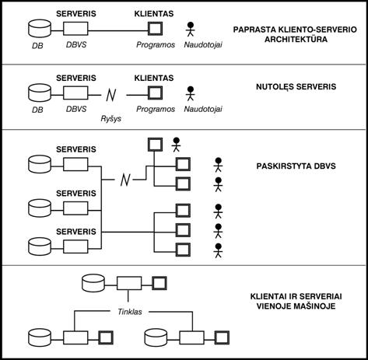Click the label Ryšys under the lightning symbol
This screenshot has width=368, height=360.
pos(110,119)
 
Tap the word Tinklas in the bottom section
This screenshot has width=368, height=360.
pos(130,312)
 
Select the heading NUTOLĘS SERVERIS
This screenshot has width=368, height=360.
pos(296,86)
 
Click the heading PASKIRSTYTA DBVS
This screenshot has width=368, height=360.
pos(296,166)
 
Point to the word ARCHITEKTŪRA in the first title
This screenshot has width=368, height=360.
pos(296,40)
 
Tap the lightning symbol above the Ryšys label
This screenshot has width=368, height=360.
pos(111,95)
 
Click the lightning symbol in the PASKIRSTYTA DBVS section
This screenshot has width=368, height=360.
pos(125,180)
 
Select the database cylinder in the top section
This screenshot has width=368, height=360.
pos(40,28)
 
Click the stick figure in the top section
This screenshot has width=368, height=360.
pos(191,30)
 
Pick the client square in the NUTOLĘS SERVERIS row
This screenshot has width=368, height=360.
pos(155,93)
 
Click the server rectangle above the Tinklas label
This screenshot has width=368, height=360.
pos(129,283)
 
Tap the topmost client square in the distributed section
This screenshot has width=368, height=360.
pos(155,145)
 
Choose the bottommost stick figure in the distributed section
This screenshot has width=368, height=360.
pos(219,250)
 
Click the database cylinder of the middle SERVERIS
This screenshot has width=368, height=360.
pos(40,208)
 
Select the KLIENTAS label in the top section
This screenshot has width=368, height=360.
pos(154,14)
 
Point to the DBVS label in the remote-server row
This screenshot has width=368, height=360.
pos(76,109)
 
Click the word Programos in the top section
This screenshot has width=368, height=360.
pos(156,44)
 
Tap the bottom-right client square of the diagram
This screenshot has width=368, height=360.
pos(222,337)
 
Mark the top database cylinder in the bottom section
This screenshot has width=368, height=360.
pos(93,283)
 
